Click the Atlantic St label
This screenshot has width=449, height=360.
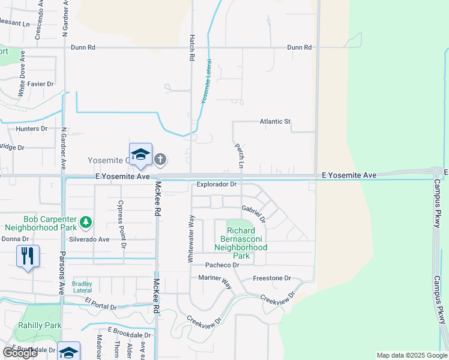click(x=275, y=122)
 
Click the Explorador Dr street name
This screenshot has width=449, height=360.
click(x=217, y=185)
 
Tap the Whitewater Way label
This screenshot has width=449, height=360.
click(x=191, y=239)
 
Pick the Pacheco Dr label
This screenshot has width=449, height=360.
click(x=222, y=265)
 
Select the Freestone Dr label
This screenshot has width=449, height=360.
click(x=271, y=278)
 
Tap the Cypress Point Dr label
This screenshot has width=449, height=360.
click(x=122, y=224)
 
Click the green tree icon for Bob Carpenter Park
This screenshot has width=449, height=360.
click(x=86, y=222)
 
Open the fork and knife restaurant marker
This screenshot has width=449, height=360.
click(x=28, y=256)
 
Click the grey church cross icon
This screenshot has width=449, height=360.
click(x=160, y=160)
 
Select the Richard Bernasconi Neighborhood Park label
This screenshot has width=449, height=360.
click(x=241, y=239)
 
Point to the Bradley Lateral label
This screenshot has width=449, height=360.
click(x=82, y=286)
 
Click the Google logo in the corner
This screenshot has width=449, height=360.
click(x=20, y=352)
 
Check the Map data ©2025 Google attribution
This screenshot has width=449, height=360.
click(x=411, y=355)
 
